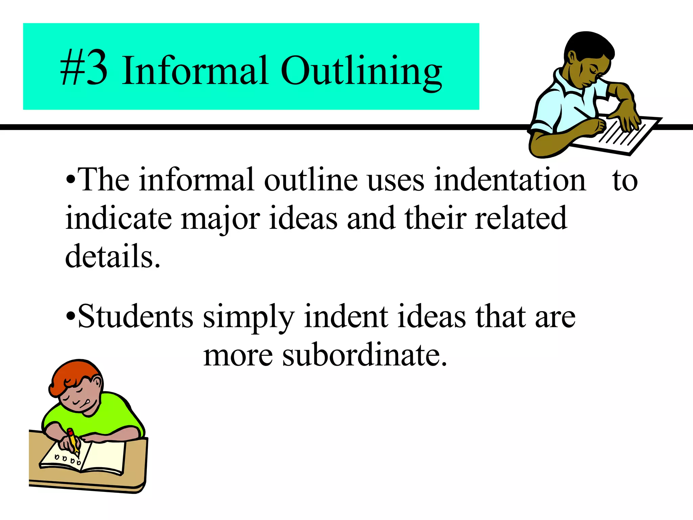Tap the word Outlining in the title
361,72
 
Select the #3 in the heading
84,68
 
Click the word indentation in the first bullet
510,180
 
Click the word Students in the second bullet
135,317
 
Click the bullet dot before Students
70,317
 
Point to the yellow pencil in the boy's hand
72,440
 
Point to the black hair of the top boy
589,44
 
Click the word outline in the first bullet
311,180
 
